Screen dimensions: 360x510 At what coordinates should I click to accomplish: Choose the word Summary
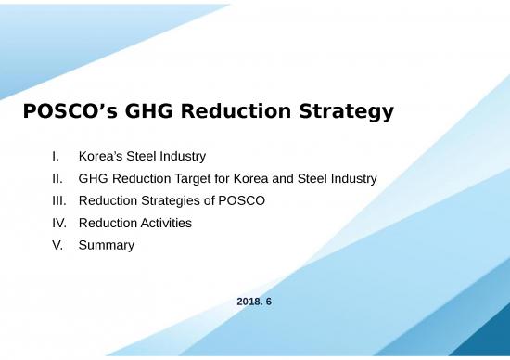click(x=107, y=245)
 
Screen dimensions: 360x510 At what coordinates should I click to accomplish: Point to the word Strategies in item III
click(x=169, y=200)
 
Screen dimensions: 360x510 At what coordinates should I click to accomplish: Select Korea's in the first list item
click(x=102, y=156)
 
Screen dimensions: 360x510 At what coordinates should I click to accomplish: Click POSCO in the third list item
click(x=244, y=200)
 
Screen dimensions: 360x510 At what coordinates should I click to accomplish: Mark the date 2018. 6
click(x=254, y=302)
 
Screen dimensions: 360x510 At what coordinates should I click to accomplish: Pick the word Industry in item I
click(x=182, y=156)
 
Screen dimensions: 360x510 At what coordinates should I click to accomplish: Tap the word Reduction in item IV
click(x=108, y=223)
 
